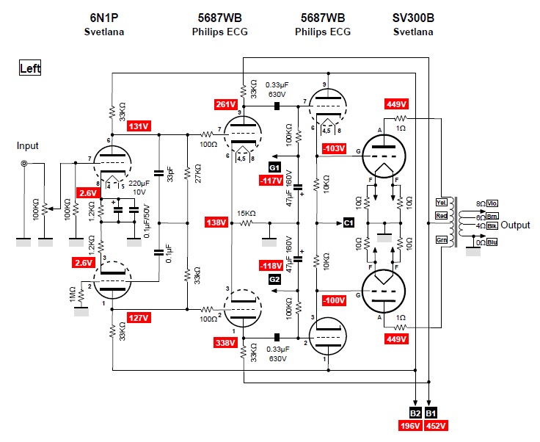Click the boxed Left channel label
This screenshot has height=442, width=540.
pyautogui.click(x=30, y=68)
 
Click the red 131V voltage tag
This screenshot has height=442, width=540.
pyautogui.click(x=138, y=126)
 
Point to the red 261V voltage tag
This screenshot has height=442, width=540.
pyautogui.click(x=226, y=104)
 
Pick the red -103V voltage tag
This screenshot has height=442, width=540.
pyautogui.click(x=334, y=148)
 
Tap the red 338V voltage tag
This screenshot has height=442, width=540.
pyautogui.click(x=226, y=341)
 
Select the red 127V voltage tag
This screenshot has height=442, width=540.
pyautogui.click(x=138, y=318)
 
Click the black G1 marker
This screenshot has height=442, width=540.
pyautogui.click(x=274, y=168)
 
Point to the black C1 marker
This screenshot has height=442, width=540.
pyautogui.click(x=349, y=222)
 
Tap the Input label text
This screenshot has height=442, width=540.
pyautogui.click(x=27, y=146)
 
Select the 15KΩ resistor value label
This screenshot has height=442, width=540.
pyautogui.click(x=247, y=214)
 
